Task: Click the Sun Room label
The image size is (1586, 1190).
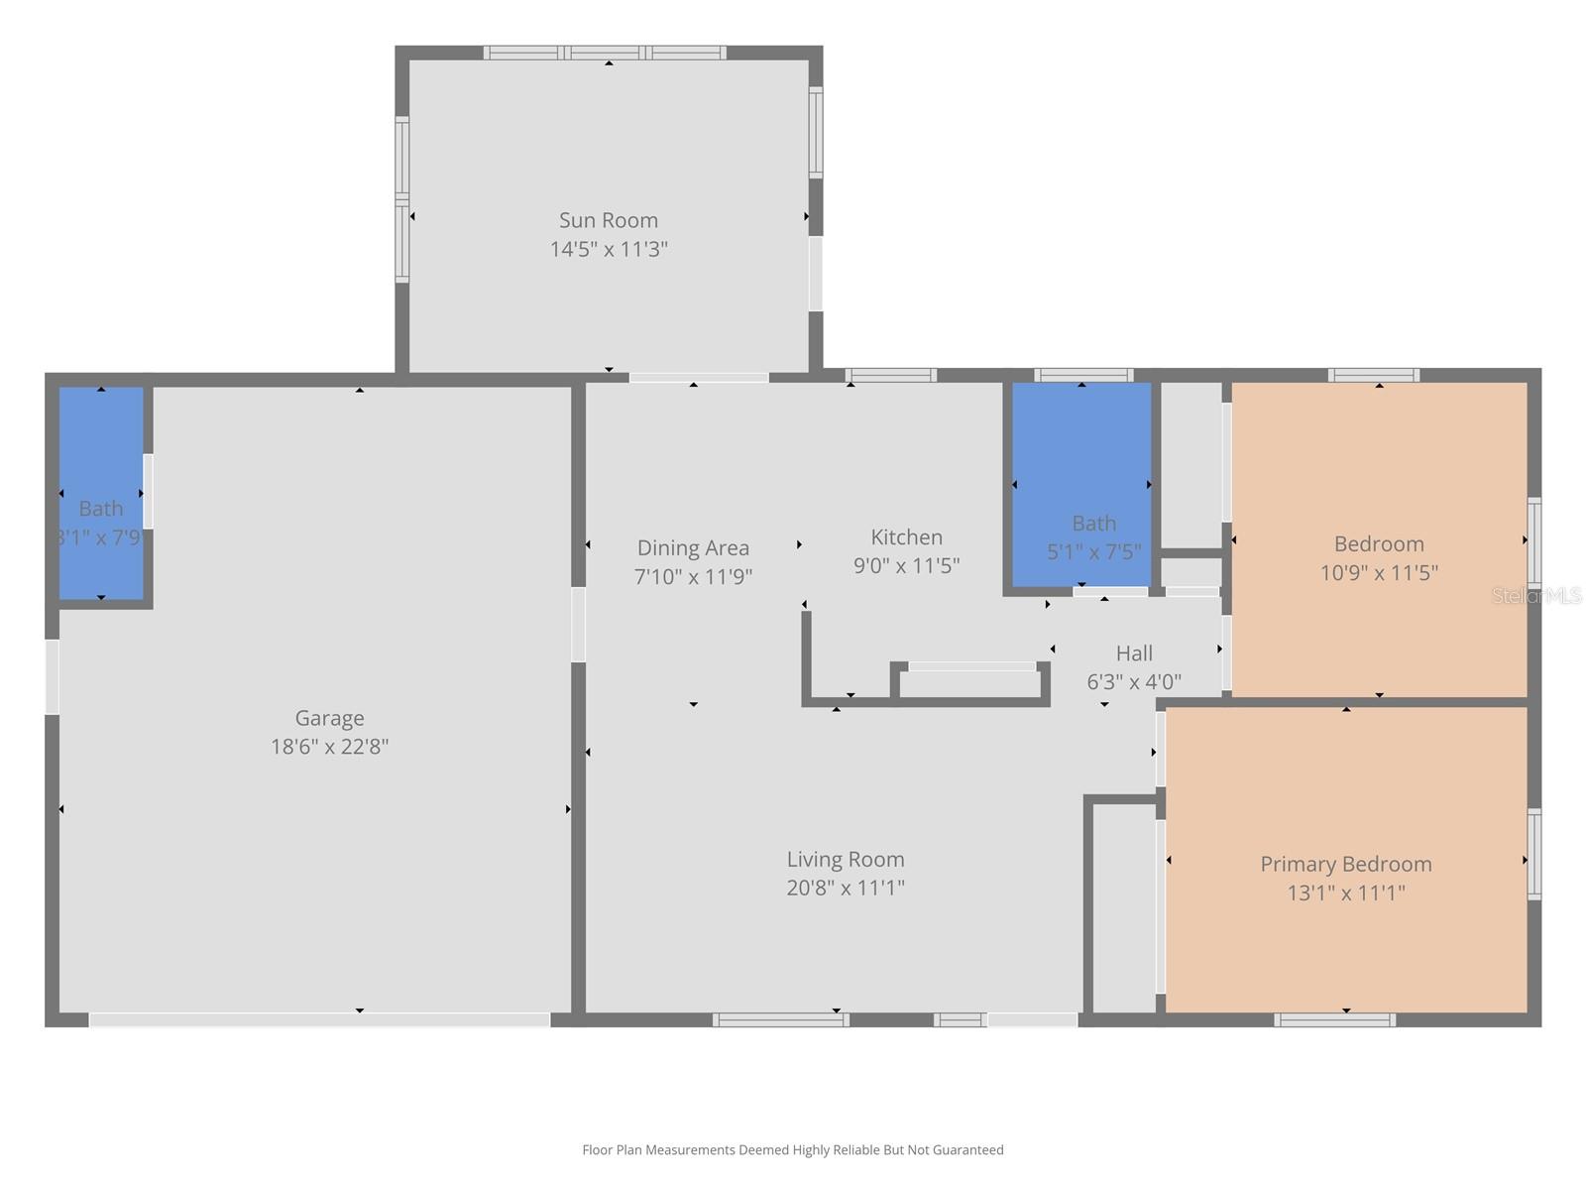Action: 608,220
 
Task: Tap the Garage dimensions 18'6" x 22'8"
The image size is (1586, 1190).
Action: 329,747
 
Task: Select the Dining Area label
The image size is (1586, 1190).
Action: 693,547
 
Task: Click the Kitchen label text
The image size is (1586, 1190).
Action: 906,536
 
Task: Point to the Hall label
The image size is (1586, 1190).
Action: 1134,653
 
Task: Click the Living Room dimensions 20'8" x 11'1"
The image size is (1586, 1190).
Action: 846,888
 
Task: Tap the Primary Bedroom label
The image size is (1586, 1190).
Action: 1345,864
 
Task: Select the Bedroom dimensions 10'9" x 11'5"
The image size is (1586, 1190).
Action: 1379,572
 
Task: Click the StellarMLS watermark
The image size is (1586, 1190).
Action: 1536,595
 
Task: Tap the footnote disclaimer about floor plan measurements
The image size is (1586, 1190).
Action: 792,1150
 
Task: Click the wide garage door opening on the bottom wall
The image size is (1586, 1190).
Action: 319,1019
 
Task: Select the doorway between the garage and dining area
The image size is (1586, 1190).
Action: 578,625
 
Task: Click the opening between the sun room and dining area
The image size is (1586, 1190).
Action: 698,378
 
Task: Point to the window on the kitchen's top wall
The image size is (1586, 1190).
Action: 890,375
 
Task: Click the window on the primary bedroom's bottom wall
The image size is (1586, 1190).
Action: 1334,1019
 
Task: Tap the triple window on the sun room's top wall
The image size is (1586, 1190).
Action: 605,53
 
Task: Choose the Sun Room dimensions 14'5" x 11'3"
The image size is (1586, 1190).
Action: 609,249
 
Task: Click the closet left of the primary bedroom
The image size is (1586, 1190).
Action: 1123,907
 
